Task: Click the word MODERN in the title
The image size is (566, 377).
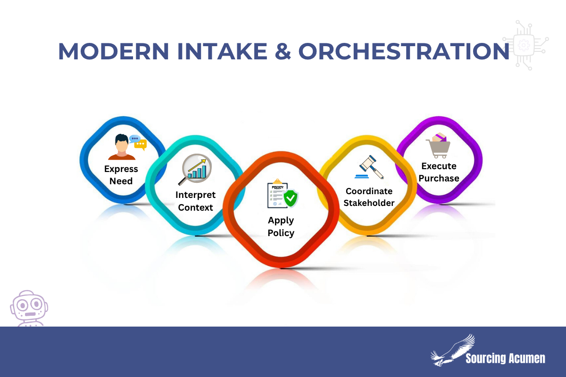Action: [114, 51]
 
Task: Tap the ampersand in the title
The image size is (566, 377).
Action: [283, 51]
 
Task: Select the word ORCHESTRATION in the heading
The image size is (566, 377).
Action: [404, 51]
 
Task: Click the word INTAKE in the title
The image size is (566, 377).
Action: [222, 51]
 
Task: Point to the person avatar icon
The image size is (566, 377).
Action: [122, 147]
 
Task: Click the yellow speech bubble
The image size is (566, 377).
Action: [141, 144]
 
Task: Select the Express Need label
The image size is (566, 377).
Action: [121, 175]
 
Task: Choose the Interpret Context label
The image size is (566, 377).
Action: [195, 201]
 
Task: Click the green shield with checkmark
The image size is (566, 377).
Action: [291, 198]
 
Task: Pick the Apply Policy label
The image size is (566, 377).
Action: [281, 227]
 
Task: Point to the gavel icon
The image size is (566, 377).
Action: [369, 167]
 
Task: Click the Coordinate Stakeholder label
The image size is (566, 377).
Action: [369, 197]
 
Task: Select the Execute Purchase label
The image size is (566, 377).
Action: [439, 172]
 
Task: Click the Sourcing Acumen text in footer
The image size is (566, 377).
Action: [505, 358]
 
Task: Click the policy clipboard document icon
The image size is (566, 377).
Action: [277, 194]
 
